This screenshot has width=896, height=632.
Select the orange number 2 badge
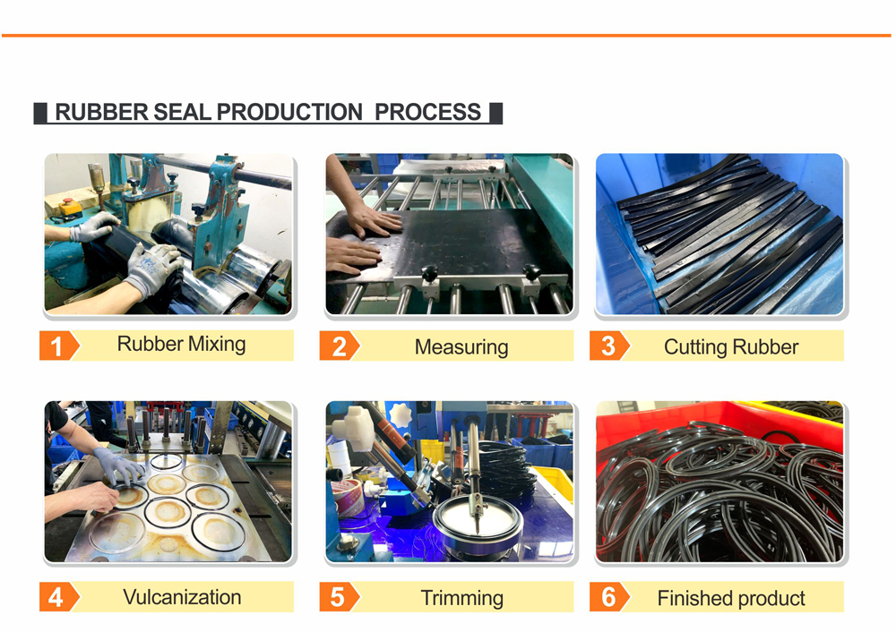(x=339, y=346)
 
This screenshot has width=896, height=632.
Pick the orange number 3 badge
(x=609, y=346)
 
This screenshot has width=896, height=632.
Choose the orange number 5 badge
(x=339, y=596)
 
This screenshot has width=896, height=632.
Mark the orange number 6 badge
(x=609, y=596)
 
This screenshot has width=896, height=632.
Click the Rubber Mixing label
(x=181, y=345)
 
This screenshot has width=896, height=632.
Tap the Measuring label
(x=461, y=346)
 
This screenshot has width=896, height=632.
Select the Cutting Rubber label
(x=731, y=346)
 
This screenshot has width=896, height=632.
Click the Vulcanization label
(x=182, y=597)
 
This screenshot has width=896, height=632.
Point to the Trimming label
(x=461, y=598)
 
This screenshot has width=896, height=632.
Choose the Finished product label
(x=731, y=598)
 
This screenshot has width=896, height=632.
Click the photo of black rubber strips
(x=719, y=234)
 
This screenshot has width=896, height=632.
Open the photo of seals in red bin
(x=719, y=482)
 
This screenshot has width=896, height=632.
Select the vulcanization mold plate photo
(x=168, y=482)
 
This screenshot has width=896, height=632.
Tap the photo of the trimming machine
(x=450, y=482)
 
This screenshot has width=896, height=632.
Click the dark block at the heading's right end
(x=496, y=113)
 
